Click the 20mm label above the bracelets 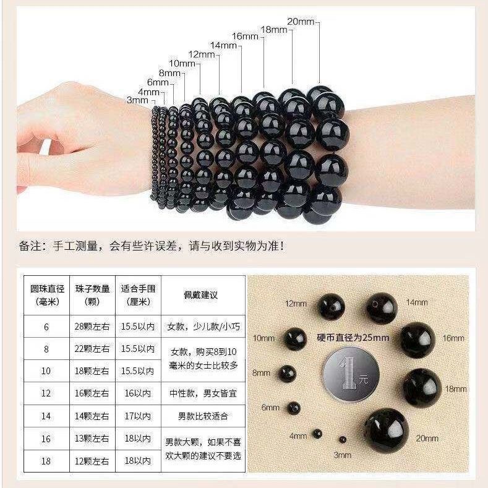pos(301,22)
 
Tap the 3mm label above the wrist pos(137,100)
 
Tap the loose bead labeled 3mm pos(342,440)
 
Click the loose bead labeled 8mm pos(286,372)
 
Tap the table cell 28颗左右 pos(93,327)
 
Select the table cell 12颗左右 pos(93,461)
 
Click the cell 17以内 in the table pos(138,416)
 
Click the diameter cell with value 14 pos(46,416)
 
